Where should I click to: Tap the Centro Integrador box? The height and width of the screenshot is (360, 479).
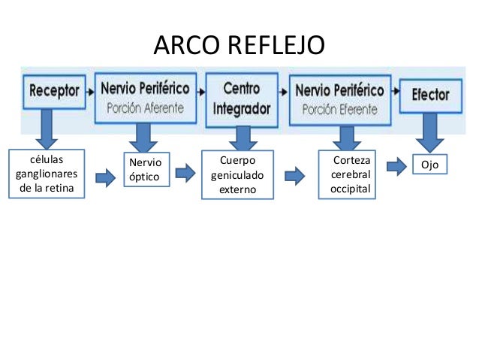pos(241,98)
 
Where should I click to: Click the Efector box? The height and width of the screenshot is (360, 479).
pos(430,95)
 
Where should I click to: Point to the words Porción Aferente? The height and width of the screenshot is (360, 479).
pos(145,107)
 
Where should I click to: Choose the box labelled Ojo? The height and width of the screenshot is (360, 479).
pos(429,165)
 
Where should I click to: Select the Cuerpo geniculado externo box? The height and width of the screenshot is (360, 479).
pos(238,175)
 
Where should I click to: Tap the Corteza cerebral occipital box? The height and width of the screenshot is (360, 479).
pos(351,175)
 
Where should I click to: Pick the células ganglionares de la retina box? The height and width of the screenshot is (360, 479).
pos(46,174)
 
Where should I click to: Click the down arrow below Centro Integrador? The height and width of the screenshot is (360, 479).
pos(242,137)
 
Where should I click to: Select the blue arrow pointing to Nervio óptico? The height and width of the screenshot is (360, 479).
pos(106,177)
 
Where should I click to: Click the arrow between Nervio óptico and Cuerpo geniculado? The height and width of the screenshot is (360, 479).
pos(185,174)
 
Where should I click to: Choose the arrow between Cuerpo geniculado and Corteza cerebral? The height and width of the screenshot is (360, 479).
pos(294,176)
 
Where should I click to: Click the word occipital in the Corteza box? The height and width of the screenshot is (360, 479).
pos(351,189)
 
